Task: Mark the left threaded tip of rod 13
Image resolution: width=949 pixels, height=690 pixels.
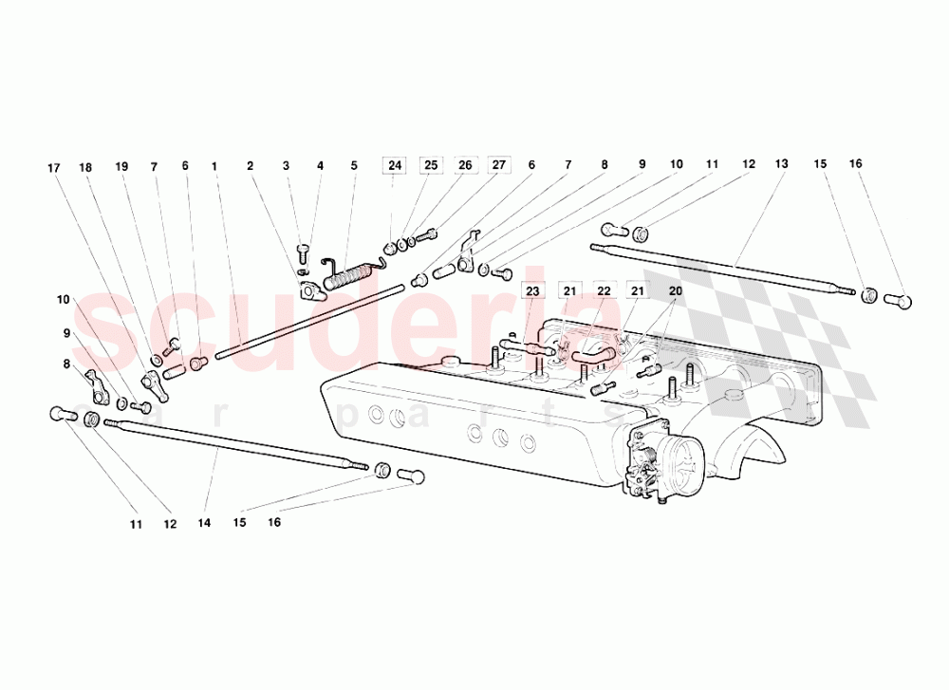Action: [x=591, y=246]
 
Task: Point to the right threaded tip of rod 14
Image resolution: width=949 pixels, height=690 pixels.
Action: [x=367, y=467]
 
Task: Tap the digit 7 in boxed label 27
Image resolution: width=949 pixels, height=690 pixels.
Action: [x=502, y=164]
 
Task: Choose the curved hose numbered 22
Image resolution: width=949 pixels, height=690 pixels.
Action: [x=592, y=354]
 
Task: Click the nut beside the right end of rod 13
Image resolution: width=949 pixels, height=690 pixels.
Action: [x=868, y=295]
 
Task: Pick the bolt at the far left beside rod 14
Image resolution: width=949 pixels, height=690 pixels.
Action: [x=62, y=414]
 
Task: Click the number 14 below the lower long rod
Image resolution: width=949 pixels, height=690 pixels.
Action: [x=204, y=522]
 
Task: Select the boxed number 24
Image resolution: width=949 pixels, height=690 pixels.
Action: [x=395, y=165]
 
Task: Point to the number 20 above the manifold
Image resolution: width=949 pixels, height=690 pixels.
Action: [x=676, y=291]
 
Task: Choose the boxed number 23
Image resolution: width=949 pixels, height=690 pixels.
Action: [x=532, y=291]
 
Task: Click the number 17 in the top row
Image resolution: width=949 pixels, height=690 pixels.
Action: [x=54, y=168]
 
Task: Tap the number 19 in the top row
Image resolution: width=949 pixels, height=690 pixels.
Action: [x=121, y=166]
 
